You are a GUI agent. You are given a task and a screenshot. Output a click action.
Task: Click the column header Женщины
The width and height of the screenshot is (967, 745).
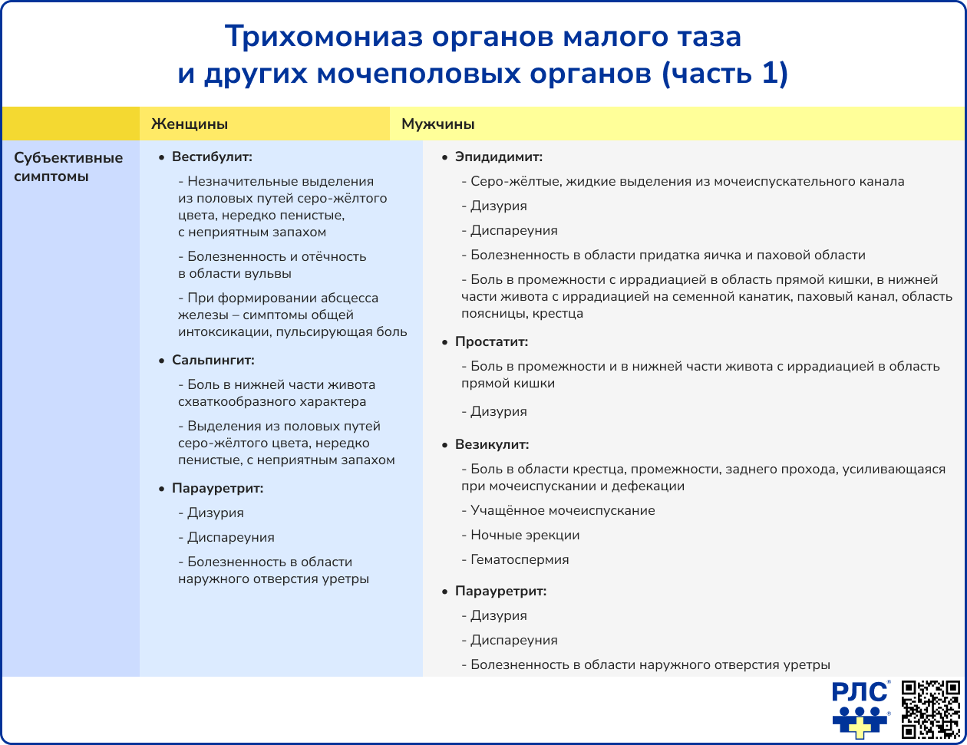(189, 124)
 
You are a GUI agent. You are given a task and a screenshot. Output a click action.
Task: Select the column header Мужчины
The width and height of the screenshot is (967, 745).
(437, 124)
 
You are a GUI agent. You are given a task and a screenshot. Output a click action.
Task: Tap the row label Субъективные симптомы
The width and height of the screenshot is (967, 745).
(68, 167)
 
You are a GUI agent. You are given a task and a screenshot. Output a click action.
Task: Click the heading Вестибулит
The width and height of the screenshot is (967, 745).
(212, 157)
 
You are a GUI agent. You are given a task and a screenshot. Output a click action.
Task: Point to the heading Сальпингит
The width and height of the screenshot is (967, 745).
(213, 360)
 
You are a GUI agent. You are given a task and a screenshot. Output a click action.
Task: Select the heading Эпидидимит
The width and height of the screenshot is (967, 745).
(499, 157)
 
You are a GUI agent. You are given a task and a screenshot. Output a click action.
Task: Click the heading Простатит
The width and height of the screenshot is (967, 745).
(491, 342)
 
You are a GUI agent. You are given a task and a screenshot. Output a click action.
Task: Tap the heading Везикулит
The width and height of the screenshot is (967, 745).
(492, 444)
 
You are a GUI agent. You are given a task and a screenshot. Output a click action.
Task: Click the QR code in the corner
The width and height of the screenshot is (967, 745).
(930, 709)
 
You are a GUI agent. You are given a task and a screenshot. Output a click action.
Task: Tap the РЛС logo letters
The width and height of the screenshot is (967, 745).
(860, 692)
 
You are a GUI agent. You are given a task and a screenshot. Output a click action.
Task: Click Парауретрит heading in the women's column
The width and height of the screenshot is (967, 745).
(217, 488)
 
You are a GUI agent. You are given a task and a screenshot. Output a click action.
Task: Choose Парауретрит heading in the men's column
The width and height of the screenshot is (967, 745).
(500, 592)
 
